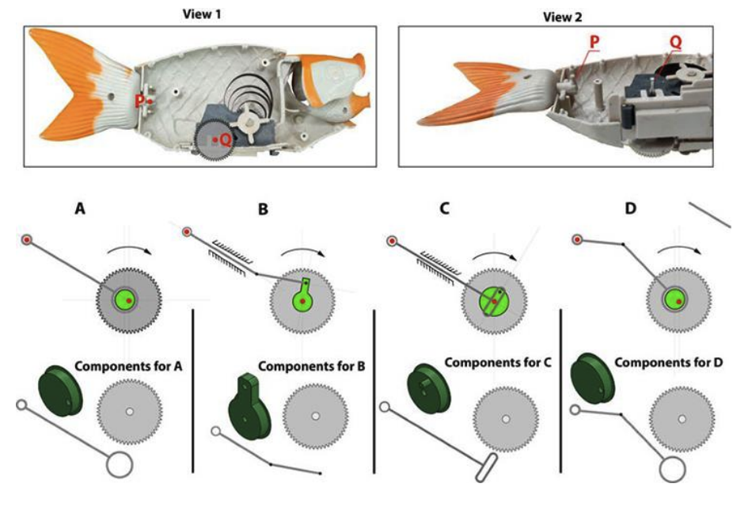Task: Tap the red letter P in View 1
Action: pyautogui.click(x=139, y=101)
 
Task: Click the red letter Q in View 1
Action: pyautogui.click(x=226, y=139)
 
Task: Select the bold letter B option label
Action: pyautogui.click(x=264, y=210)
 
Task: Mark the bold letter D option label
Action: pyautogui.click(x=632, y=210)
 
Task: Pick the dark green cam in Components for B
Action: pyautogui.click(x=251, y=408)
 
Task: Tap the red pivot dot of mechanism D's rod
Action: pyautogui.click(x=578, y=238)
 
